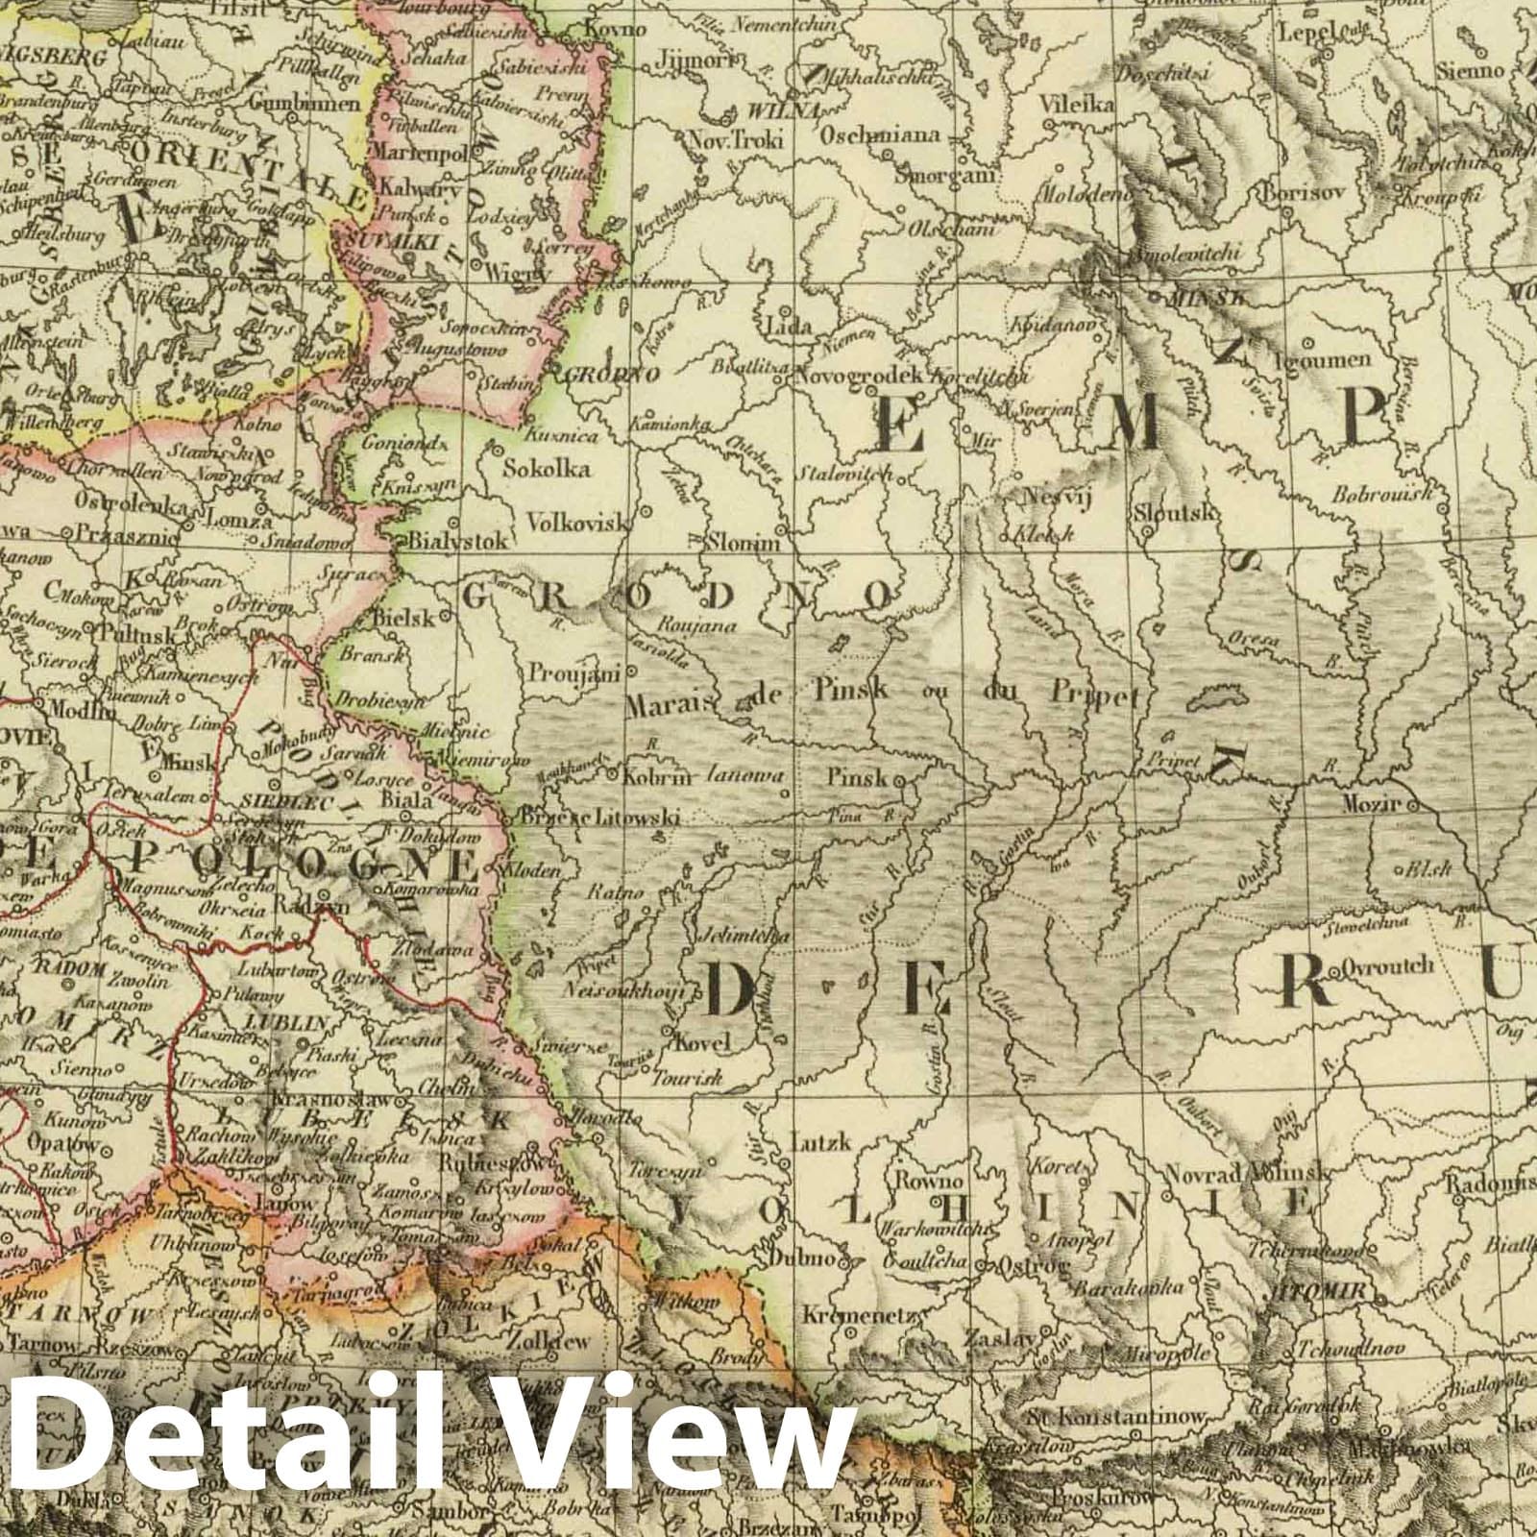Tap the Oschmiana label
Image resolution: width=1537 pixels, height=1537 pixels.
click(879, 135)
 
